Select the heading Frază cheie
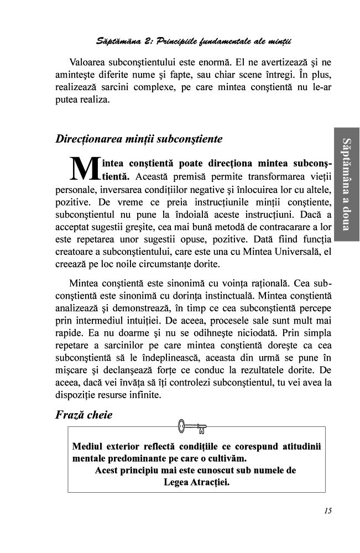pyautogui.click(x=84, y=414)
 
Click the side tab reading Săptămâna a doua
pyautogui.click(x=346, y=182)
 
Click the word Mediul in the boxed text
pyautogui.click(x=87, y=446)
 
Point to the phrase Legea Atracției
pyautogui.click(x=196, y=481)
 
